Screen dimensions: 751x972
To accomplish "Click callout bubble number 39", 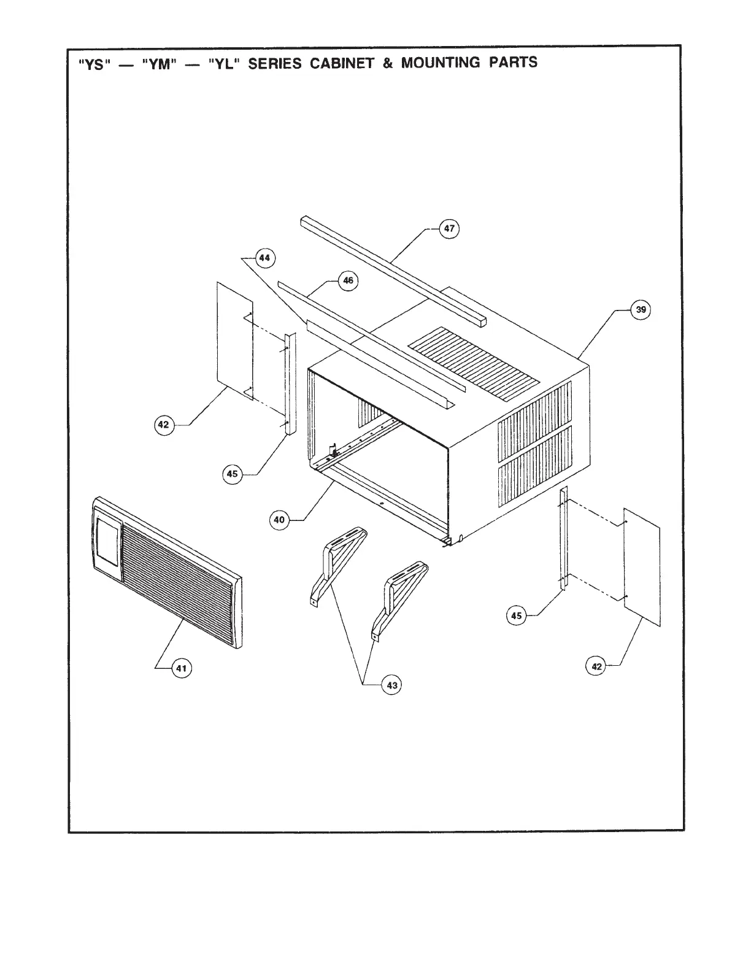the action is (x=641, y=310).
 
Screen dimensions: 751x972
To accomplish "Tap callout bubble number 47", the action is (x=449, y=229).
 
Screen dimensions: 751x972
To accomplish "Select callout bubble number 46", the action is (x=348, y=280).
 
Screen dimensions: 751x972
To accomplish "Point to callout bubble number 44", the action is (x=264, y=258).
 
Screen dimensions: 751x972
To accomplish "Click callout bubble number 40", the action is (x=279, y=520).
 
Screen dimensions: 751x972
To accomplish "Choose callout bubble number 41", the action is (x=181, y=668).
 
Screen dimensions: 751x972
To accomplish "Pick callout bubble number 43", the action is (x=391, y=685).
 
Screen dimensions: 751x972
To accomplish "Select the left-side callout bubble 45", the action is (x=232, y=474).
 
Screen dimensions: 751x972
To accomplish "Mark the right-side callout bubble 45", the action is (x=517, y=615).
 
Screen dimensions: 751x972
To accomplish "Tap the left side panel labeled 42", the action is (x=235, y=340).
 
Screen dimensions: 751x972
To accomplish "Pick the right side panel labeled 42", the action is (x=642, y=566).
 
